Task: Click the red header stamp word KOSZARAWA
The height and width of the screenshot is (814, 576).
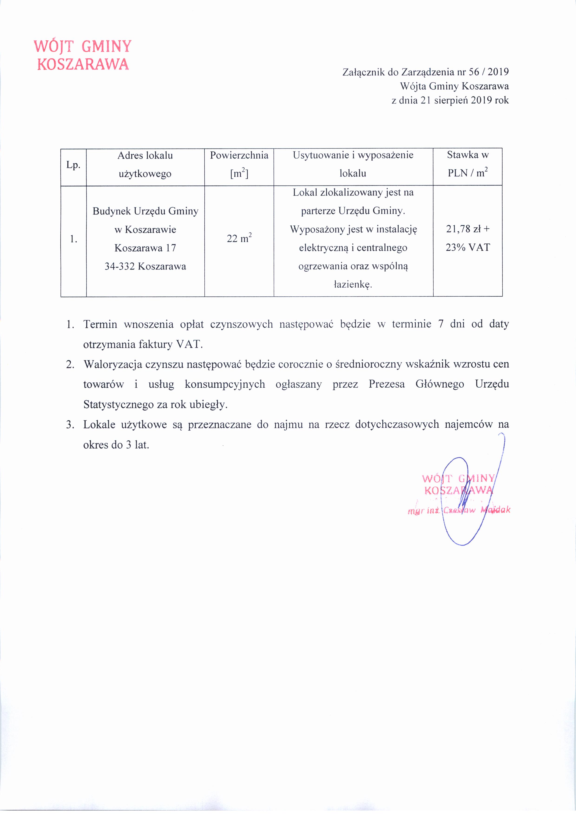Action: tap(83, 64)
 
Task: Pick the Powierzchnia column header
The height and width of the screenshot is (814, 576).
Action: tap(239, 155)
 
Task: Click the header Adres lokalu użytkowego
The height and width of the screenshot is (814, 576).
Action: tap(145, 165)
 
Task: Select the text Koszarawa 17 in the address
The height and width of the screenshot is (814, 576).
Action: tap(145, 248)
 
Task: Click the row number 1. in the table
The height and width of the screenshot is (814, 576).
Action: tap(73, 239)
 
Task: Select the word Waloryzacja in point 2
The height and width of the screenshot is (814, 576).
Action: tap(113, 364)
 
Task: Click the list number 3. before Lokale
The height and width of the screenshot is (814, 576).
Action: tap(70, 425)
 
